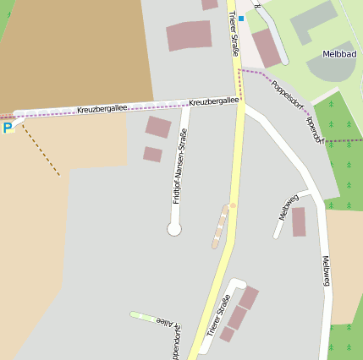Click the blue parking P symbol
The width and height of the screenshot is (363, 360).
pos(8,128)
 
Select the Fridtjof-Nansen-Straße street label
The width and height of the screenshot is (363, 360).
pos(179,166)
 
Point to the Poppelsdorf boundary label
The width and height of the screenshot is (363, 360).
pos(288,96)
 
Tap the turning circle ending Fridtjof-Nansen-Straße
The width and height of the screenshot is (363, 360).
pos(174,228)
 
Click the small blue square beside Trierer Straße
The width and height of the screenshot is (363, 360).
pos(240,18)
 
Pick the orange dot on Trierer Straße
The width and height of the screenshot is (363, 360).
pos(233,205)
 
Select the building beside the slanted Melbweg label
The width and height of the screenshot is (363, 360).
pos(299,221)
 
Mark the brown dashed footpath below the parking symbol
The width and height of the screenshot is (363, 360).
pos(41,152)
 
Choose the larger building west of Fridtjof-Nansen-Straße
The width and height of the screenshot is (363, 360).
pos(158,128)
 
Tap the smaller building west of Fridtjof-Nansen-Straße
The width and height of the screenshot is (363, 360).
pos(152,154)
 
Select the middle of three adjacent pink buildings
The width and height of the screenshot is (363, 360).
pos(237,318)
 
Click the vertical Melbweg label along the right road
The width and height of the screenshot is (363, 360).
pos(327,270)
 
